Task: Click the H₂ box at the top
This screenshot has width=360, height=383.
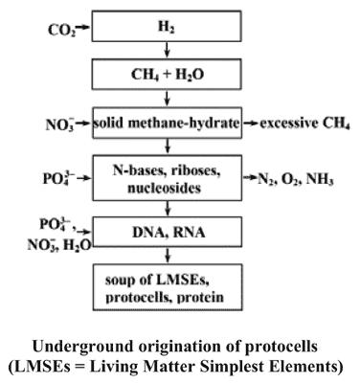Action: click(167, 26)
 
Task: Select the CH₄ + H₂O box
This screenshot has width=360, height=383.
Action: click(167, 74)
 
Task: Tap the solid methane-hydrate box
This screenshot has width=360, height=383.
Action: click(167, 123)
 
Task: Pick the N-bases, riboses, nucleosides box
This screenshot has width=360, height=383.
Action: click(167, 178)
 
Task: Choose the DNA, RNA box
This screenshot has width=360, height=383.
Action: click(167, 232)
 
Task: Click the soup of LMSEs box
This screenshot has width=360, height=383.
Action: click(168, 287)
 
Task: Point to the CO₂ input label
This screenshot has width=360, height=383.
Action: click(62, 31)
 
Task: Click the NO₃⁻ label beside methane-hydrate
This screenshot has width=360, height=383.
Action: click(60, 124)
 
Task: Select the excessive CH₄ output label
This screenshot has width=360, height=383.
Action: click(304, 124)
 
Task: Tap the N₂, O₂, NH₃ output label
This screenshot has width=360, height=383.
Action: click(296, 180)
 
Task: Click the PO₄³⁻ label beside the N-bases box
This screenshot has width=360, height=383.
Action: click(59, 178)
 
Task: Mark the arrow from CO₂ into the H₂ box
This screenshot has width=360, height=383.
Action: click(83, 28)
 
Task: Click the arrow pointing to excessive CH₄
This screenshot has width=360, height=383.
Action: click(251, 124)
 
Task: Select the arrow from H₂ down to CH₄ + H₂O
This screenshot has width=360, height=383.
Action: click(167, 50)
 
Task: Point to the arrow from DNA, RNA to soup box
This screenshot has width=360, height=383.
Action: click(168, 256)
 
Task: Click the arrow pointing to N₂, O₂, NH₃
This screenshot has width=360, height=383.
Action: click(250, 178)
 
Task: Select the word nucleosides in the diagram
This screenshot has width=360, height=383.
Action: click(165, 188)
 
